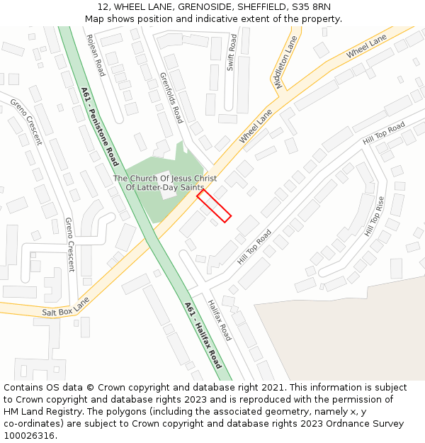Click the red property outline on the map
214,206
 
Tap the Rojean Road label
95,55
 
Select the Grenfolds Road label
171,97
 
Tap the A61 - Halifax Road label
203,335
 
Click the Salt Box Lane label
65,306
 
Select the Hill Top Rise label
374,216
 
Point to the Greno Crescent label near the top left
25,121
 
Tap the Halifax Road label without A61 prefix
220,320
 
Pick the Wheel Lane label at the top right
366,45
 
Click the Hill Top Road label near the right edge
383,133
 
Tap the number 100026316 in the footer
30,435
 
